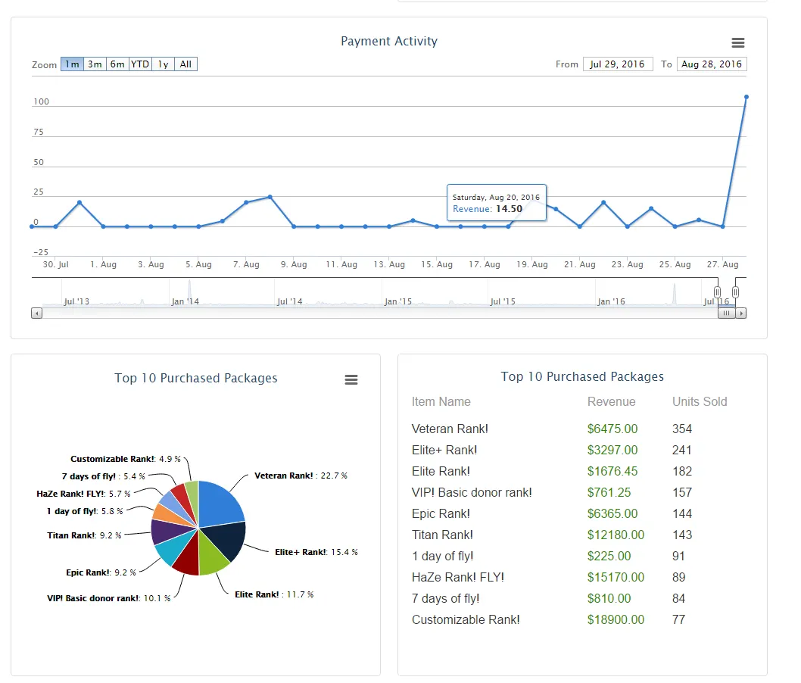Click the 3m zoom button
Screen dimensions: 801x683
coord(95,64)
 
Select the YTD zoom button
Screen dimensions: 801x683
coord(140,64)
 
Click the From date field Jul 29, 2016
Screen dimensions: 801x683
coord(618,64)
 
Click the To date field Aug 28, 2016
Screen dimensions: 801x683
coord(712,64)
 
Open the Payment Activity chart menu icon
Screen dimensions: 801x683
coord(737,43)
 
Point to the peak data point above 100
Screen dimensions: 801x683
coord(746,97)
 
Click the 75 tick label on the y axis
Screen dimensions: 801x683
coord(39,132)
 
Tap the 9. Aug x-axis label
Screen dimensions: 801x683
coord(294,264)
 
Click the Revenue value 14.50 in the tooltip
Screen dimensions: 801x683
coord(509,208)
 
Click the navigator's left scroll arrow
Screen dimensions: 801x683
coord(36,313)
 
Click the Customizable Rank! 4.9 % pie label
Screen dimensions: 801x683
coord(126,459)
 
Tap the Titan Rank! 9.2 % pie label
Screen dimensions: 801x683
coord(84,535)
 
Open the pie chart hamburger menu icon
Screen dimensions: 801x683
coord(351,379)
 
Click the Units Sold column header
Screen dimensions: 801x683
coord(700,401)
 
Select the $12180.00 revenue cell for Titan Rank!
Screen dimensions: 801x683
coord(616,535)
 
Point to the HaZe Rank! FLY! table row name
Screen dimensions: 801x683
coord(458,577)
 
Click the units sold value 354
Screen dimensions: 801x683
coord(682,429)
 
